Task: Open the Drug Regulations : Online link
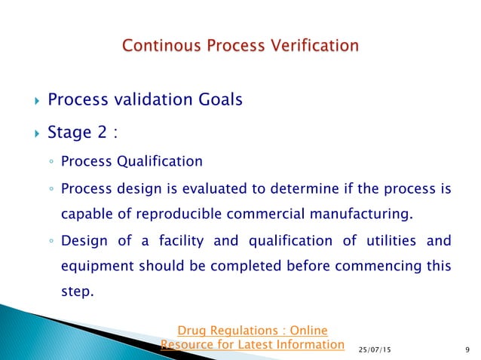point(252,330)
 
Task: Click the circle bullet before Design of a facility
point(47,242)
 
